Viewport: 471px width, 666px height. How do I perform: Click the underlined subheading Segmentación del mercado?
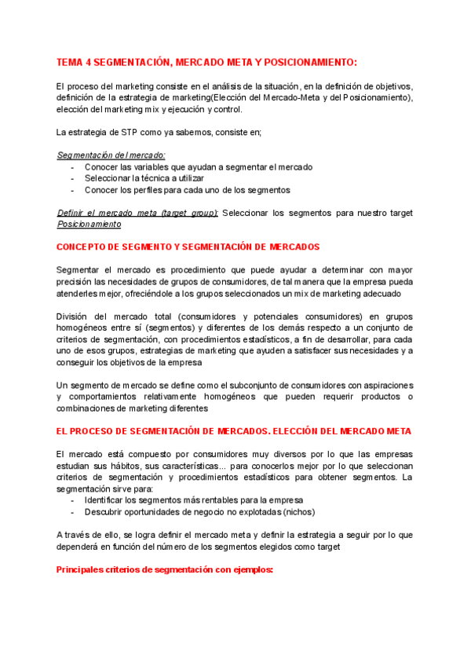coord(111,156)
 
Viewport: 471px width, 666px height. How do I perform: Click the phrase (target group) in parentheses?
coord(188,213)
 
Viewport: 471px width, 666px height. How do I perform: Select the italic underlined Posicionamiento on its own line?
coord(89,224)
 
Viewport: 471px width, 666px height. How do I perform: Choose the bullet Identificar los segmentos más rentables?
coord(193,500)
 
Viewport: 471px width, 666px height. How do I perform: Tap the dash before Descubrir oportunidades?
coord(73,512)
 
